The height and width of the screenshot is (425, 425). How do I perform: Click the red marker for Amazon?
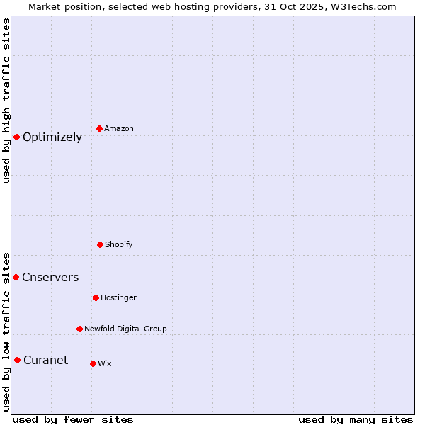[x=100, y=128]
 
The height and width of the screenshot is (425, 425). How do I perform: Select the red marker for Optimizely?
[x=16, y=137]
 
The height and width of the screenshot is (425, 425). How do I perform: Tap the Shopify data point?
[x=100, y=244]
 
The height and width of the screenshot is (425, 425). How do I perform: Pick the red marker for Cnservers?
[x=16, y=277]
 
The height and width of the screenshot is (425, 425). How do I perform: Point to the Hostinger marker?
[x=96, y=297]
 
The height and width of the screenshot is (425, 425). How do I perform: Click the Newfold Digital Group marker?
[x=79, y=329]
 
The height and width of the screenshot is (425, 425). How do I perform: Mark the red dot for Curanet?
[x=17, y=360]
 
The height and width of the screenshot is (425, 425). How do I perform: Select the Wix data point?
[x=93, y=363]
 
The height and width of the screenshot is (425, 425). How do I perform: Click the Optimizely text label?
[x=52, y=137]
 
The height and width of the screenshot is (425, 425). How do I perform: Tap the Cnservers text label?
[x=50, y=278]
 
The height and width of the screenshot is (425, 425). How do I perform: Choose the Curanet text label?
[x=45, y=361]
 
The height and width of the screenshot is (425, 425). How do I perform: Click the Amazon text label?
[x=119, y=129]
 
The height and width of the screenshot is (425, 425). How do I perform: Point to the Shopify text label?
[x=119, y=245]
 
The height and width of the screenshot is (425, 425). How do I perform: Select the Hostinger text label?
[x=118, y=298]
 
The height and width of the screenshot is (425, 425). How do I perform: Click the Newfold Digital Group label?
[x=125, y=329]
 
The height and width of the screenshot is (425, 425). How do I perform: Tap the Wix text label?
[x=105, y=364]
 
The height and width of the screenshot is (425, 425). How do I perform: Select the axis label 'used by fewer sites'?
[x=73, y=419]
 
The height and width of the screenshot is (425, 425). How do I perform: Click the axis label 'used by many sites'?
[x=356, y=419]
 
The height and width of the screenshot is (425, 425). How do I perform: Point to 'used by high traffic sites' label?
[x=7, y=101]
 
